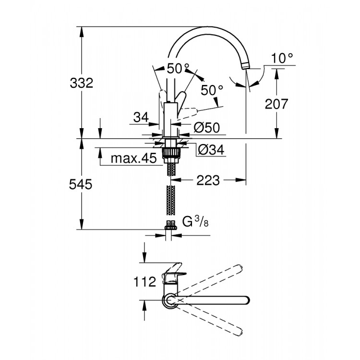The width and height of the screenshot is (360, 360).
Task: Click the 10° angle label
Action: [x=282, y=59]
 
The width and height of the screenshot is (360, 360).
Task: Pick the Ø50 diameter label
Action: [x=206, y=128]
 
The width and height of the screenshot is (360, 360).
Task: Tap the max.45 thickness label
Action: [x=134, y=158]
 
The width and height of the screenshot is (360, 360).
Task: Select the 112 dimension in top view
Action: [x=145, y=281]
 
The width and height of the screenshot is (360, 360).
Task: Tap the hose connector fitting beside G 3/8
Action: [x=170, y=224]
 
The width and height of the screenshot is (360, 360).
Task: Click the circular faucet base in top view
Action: [x=169, y=300]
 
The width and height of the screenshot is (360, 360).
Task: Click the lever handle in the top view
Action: [x=172, y=276]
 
